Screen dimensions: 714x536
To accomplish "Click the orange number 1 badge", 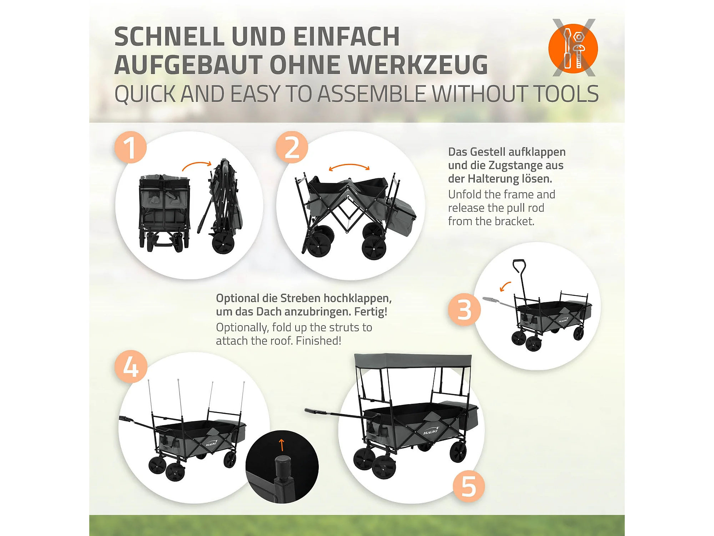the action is tap(130, 147).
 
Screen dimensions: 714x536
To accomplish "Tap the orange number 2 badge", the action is tap(292, 147).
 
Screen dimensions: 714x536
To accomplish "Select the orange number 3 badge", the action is tap(464, 309).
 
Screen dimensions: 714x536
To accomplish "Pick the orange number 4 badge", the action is tap(131, 367).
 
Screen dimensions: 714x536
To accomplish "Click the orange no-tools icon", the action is tap(573, 48).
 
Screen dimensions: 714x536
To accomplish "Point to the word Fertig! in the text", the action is tap(371, 312).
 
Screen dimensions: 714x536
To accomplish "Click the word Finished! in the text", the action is tap(318, 341).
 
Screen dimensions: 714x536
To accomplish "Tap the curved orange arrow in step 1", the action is tap(197, 165).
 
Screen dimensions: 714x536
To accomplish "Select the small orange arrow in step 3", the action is tap(505, 286).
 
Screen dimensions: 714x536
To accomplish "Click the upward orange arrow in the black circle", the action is tap(281, 445).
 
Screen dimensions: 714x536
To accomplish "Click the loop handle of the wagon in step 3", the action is tap(519, 266).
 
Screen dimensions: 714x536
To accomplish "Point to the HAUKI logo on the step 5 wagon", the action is tap(431, 431).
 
